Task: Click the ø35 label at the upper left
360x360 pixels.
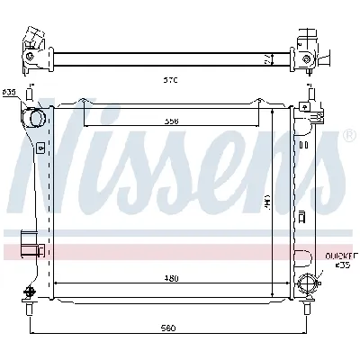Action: click(10, 93)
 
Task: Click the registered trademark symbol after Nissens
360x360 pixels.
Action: click(348, 136)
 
